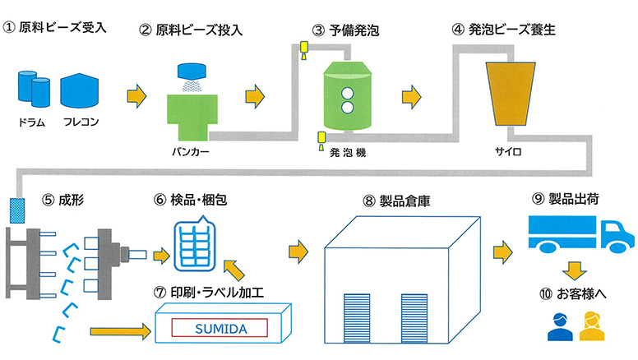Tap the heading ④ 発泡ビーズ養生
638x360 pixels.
[504, 31]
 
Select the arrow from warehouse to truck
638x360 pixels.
[502, 248]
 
